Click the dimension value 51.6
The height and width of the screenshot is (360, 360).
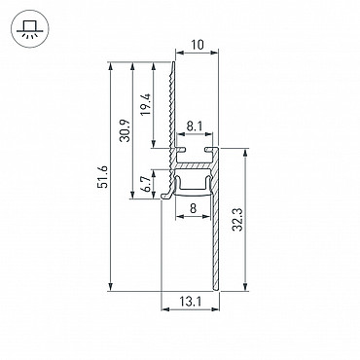[x=103, y=177]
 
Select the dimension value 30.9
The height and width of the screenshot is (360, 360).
[x=125, y=130]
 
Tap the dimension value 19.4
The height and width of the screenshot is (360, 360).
[x=146, y=104]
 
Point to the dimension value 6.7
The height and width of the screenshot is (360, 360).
[x=147, y=184]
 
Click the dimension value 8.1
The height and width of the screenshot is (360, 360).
[x=195, y=126]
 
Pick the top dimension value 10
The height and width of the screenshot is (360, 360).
[x=197, y=45]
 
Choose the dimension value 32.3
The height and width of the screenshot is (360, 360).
[x=237, y=220]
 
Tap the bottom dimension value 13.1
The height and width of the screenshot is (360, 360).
[x=191, y=303]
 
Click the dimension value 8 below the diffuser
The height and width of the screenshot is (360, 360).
[x=193, y=208]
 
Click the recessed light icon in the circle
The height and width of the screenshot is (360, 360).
[x=29, y=28]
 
